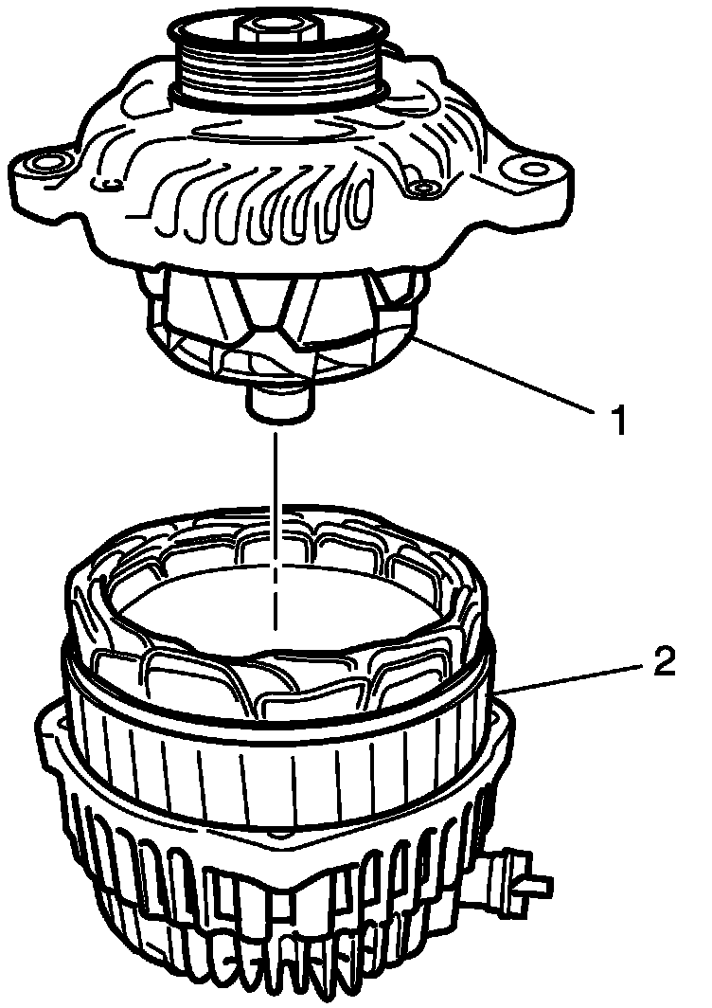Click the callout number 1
tap(618, 418)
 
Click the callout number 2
tap(664, 661)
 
